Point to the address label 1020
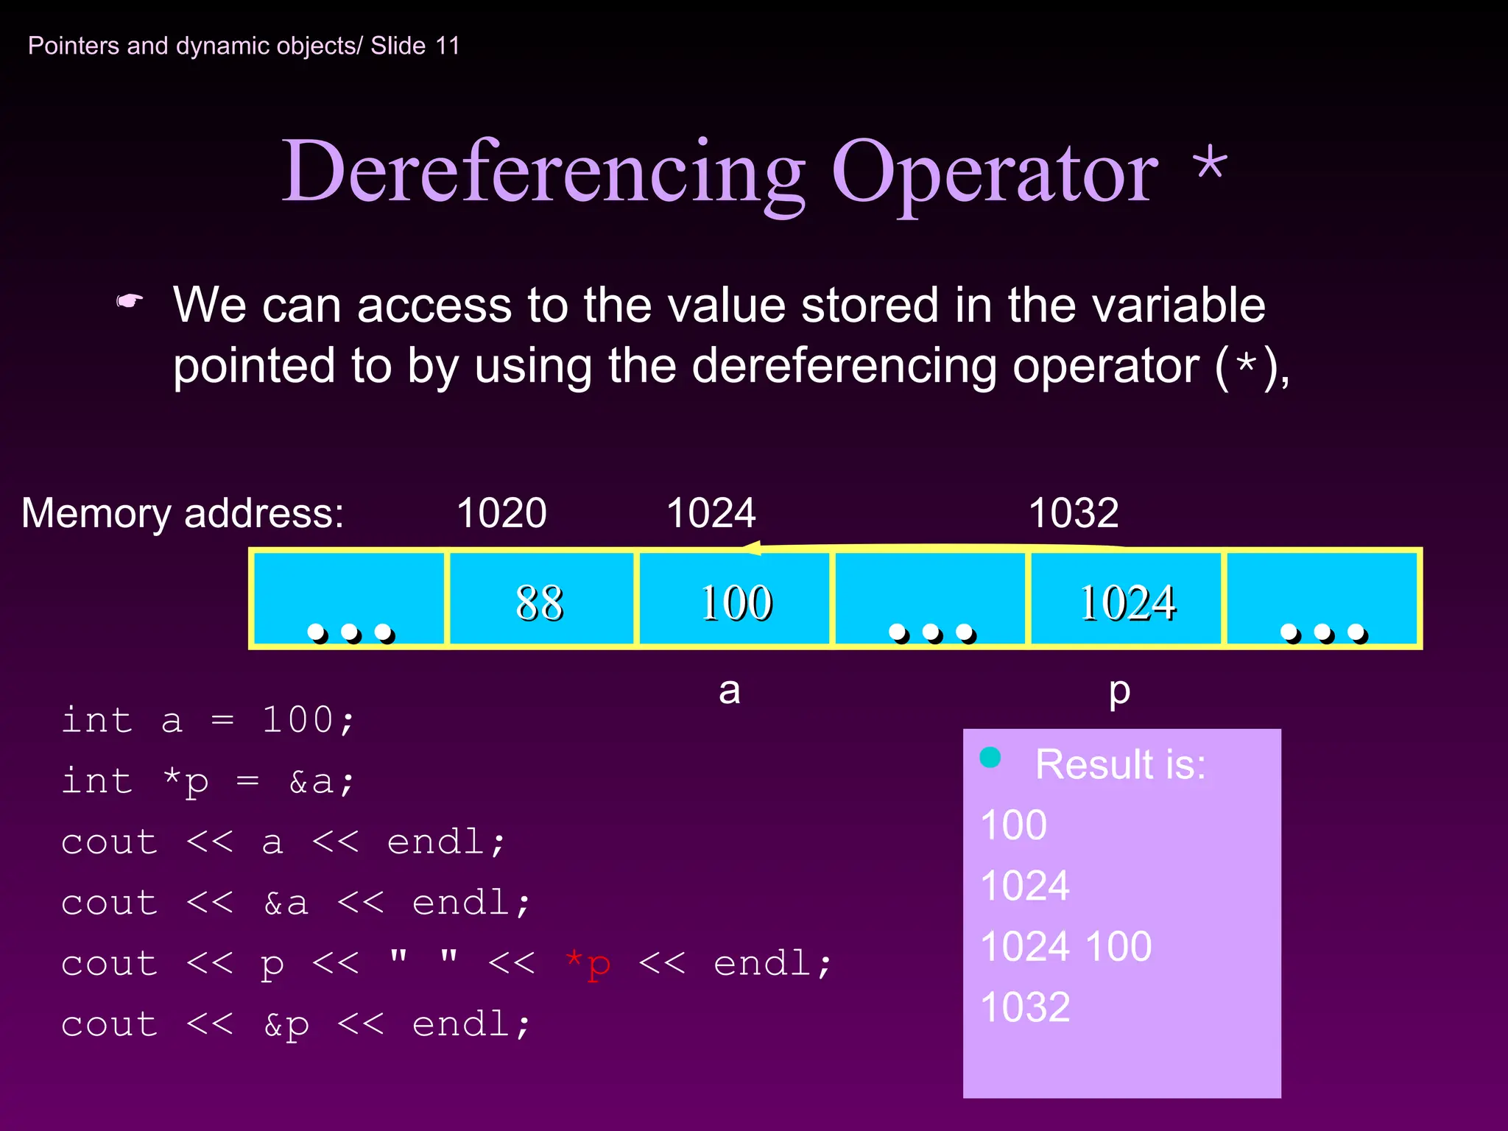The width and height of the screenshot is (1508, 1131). coord(501,513)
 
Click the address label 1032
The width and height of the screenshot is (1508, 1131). coord(1073,513)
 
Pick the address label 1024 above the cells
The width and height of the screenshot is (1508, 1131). coord(711,513)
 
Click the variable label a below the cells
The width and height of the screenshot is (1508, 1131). coord(729,691)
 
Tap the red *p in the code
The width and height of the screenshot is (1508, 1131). coord(588,964)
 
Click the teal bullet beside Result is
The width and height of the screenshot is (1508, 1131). coord(990,757)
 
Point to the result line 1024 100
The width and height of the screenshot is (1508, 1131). coord(1065,946)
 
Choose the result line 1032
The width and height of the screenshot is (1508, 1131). coord(1025,1007)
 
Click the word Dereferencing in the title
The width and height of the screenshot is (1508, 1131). coord(543,173)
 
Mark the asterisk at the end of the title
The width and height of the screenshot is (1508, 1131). coord(1211,163)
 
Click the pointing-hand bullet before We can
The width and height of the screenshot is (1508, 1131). coord(130,302)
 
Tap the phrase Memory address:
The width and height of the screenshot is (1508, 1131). coord(183,513)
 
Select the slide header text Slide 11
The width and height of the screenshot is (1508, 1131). coord(415,46)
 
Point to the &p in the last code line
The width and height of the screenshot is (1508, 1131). coord(286,1025)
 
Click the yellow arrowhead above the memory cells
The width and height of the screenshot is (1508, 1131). coord(753,548)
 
